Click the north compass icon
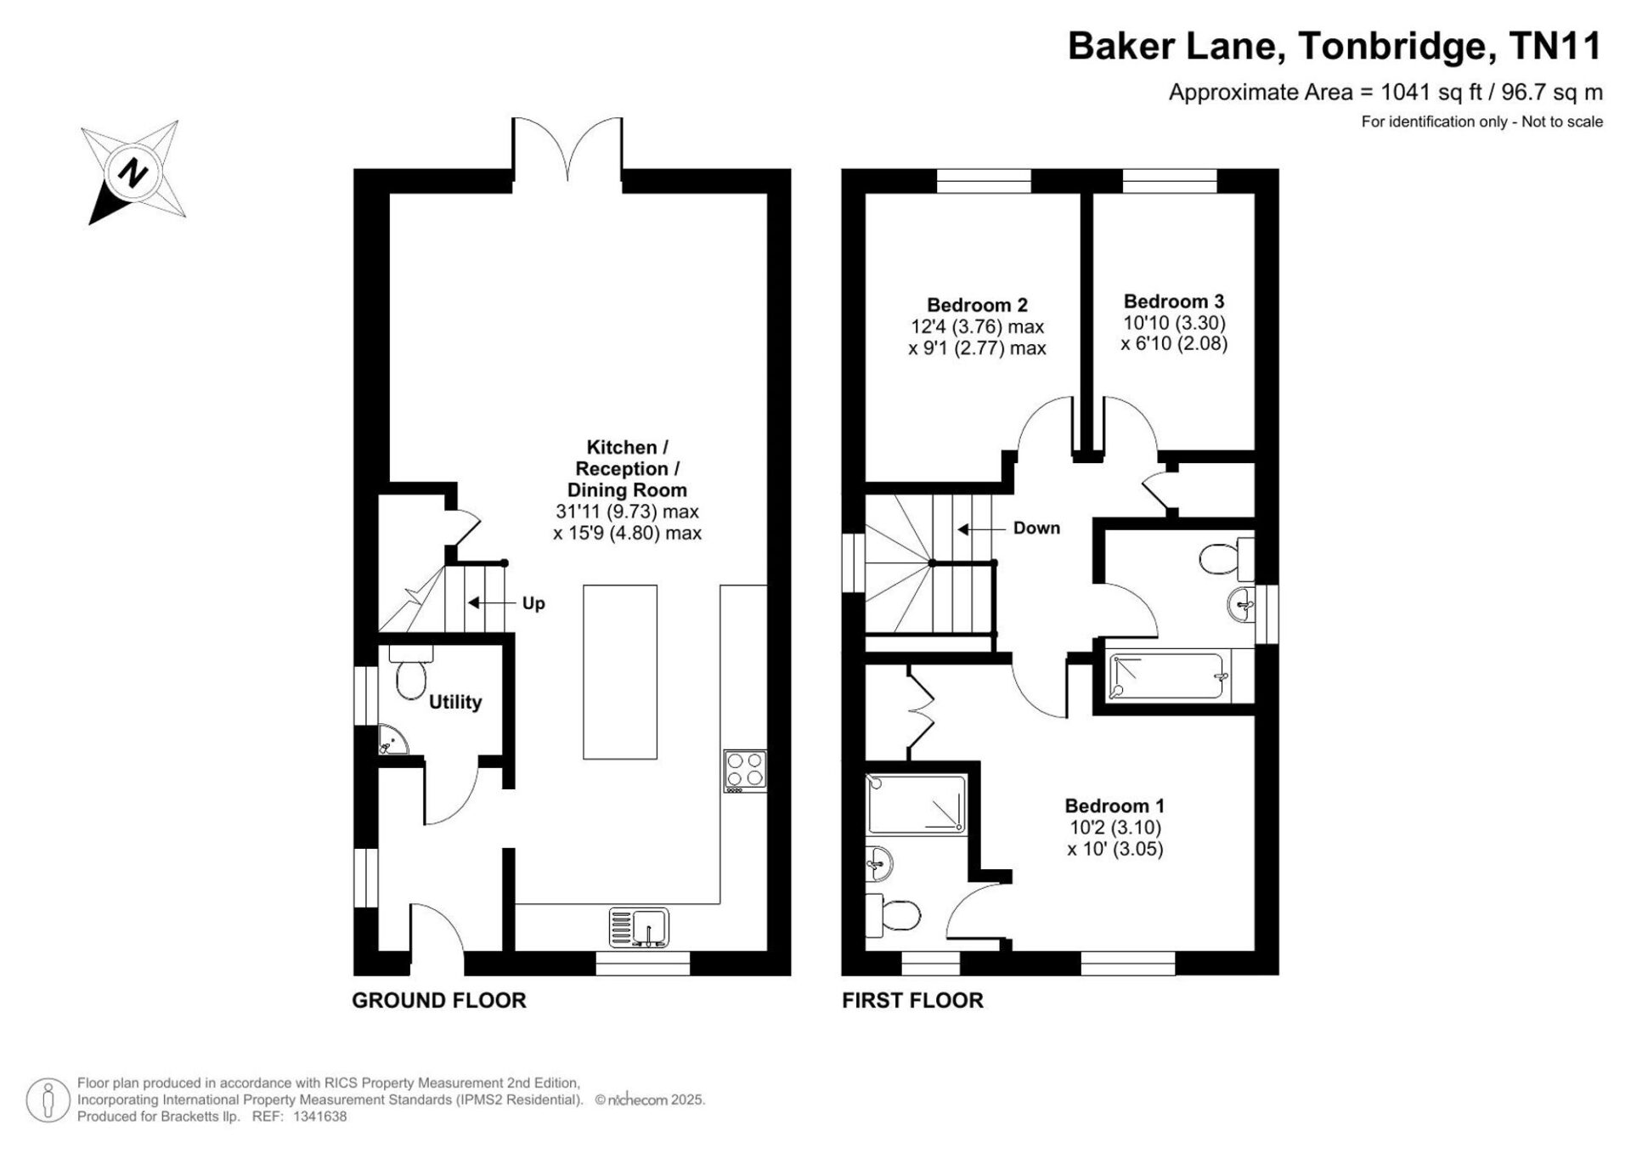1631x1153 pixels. pos(134,172)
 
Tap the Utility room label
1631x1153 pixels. pos(455,702)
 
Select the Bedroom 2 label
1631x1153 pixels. pos(977,305)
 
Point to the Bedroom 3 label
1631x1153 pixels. pos(1174,301)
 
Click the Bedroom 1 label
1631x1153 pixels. pos(1115,805)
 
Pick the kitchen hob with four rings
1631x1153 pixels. pos(745,771)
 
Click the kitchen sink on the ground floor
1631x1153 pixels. pos(639,928)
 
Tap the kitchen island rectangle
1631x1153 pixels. pos(620,672)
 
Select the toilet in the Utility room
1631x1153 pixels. pos(411,670)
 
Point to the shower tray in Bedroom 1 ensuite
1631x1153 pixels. pos(917,804)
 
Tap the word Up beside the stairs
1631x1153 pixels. pos(533,603)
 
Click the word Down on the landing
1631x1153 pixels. pos(1036,528)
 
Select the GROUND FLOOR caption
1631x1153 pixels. pos(439,1001)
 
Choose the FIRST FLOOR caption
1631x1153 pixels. pos(912,1001)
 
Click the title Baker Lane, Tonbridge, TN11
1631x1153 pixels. pos(1335,46)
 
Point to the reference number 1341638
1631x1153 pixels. pos(319,1117)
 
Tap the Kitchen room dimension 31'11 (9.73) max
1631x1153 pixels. pos(627,512)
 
